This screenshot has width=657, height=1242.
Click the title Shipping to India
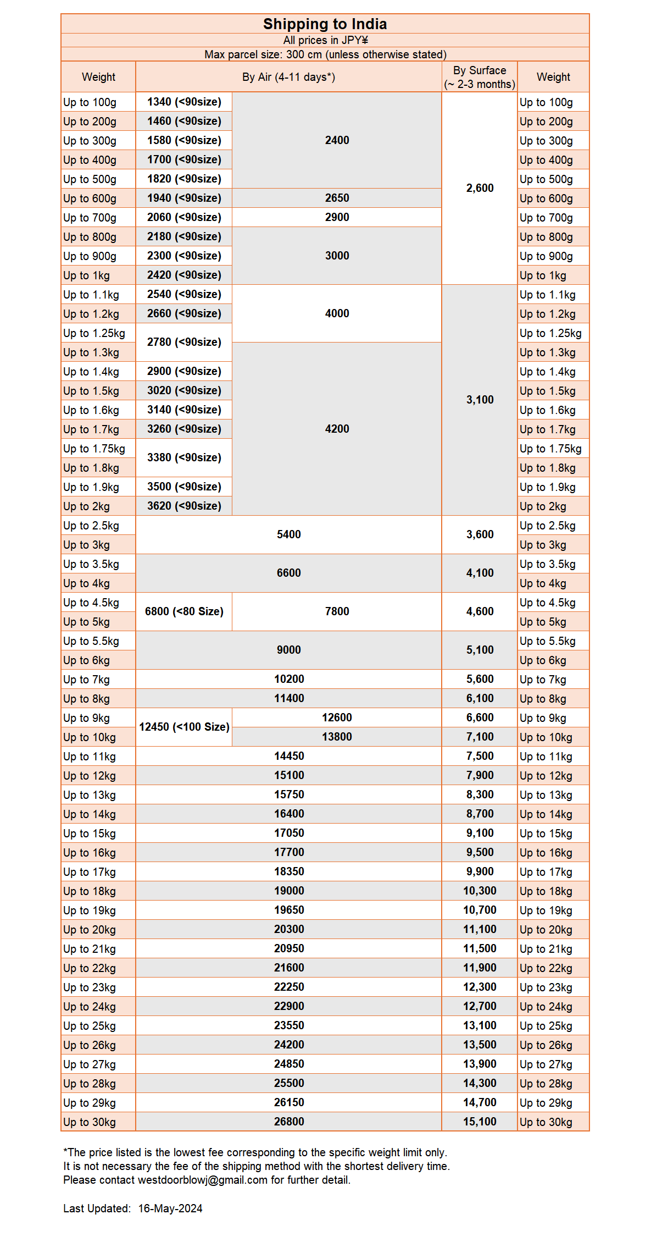tap(325, 24)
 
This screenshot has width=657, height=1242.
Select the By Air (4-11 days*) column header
tap(288, 77)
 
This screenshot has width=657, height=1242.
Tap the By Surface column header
tap(480, 77)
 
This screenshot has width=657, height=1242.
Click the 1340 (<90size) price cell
tap(184, 102)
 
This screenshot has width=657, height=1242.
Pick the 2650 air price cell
tap(337, 198)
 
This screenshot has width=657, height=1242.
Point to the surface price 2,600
tap(480, 188)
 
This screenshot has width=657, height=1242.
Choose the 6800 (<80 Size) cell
tap(184, 611)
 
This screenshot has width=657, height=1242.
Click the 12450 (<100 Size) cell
tap(184, 727)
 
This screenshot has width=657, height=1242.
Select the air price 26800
tap(289, 1122)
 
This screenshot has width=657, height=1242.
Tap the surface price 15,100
tap(480, 1122)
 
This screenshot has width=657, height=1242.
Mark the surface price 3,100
tap(480, 400)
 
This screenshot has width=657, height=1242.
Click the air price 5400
tap(289, 534)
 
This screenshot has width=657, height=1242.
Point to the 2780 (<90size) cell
tap(184, 342)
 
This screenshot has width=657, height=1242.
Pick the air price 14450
tap(289, 756)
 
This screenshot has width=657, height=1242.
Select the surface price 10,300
tap(480, 891)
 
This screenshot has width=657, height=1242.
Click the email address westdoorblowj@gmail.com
tap(202, 1180)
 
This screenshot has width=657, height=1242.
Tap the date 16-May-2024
tap(170, 1208)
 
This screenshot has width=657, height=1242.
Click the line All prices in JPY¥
tap(325, 40)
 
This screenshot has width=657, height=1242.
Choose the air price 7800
tap(337, 611)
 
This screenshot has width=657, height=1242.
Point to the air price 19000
tap(289, 891)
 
